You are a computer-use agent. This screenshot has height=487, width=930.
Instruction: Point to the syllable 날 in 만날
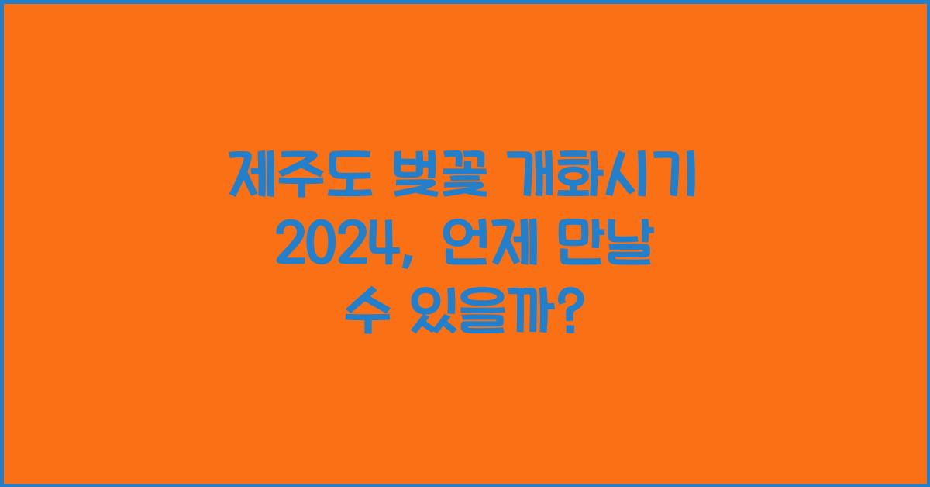point(636,250)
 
